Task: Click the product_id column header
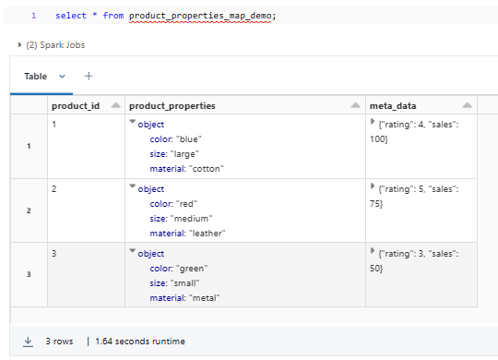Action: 75,106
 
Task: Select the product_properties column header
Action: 172,106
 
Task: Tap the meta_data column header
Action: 391,106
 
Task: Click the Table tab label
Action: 35,77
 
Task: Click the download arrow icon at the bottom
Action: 29,342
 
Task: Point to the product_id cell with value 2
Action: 54,188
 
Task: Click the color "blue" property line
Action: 175,139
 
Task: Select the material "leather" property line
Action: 187,234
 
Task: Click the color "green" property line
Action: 178,268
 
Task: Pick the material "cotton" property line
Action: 186,169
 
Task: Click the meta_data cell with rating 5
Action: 421,196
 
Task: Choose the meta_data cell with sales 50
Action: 421,259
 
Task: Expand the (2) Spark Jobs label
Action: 52,44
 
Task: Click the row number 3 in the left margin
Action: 29,274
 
